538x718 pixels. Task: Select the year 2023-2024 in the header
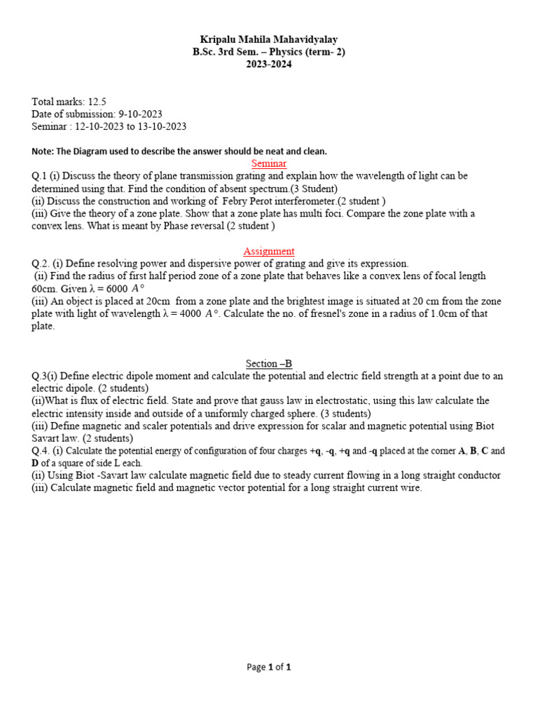pos(269,64)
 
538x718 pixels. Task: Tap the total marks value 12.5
pos(97,102)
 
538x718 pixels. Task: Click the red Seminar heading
pos(269,163)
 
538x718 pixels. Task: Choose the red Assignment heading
pos(269,251)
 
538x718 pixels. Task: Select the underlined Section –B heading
pos(269,363)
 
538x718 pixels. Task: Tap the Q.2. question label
pos(42,264)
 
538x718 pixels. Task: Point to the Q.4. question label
pos(42,451)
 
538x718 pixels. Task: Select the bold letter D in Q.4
pos(35,463)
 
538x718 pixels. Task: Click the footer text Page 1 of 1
pos(269,668)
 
